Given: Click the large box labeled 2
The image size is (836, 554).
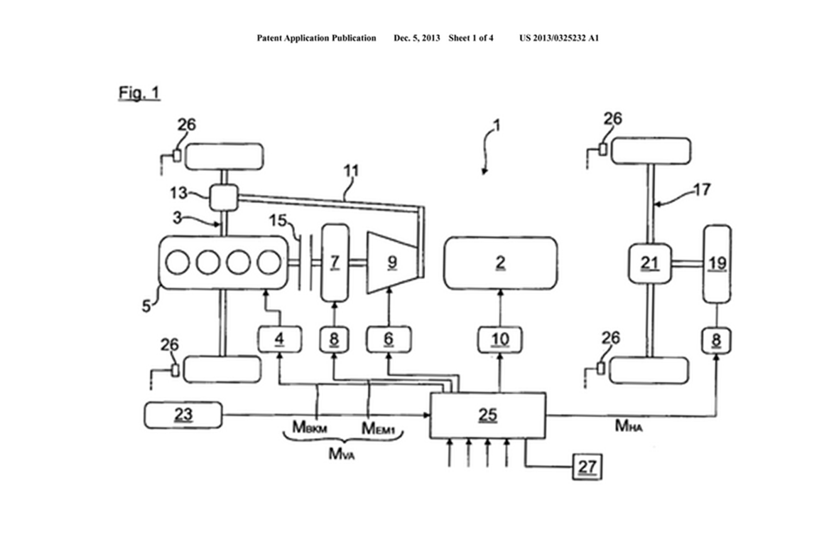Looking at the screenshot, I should point(500,263).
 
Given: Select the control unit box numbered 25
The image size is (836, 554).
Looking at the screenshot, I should point(487,415).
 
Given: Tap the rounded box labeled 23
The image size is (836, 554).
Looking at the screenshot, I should point(183,415).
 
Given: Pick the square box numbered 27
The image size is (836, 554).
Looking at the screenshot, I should point(587,467).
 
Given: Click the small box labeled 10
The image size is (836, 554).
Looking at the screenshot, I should point(500,340).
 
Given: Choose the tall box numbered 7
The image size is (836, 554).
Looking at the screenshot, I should point(335,262).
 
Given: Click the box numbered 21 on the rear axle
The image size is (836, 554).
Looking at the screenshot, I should point(649,263).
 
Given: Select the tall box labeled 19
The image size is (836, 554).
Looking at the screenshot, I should point(717,263).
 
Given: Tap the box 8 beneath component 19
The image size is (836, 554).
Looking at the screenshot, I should point(716,340).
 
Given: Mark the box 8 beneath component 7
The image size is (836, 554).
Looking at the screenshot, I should point(334,340).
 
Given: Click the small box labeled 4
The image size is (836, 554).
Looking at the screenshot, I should point(280,340).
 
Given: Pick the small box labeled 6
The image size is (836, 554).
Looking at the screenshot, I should point(389,340).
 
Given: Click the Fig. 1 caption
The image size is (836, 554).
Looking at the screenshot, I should point(139,93).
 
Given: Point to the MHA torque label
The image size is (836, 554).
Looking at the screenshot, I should point(629,426).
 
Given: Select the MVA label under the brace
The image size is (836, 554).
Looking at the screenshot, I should point(341,454).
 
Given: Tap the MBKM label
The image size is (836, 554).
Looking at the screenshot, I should point(309,428).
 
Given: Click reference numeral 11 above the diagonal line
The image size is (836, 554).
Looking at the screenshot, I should point(351,171).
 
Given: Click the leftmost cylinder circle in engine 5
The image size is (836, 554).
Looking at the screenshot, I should point(178,262).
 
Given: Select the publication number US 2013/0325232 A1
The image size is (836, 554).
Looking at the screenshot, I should point(559,38).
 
